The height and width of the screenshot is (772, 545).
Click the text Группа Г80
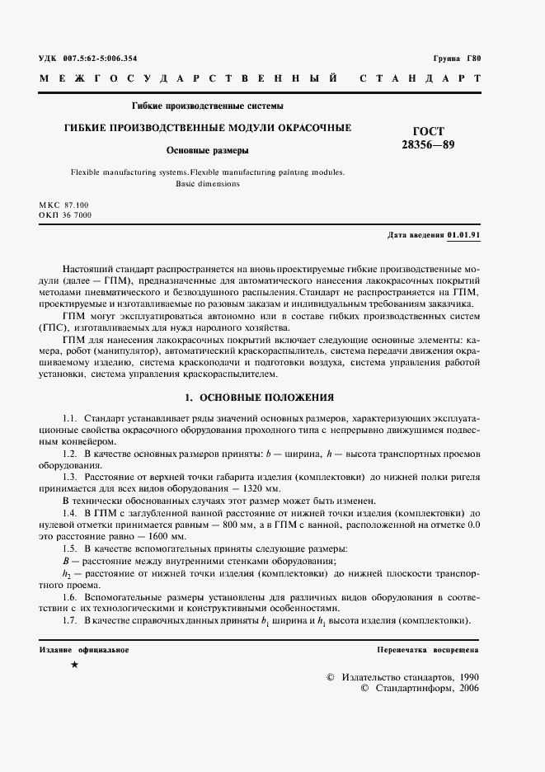coord(456,59)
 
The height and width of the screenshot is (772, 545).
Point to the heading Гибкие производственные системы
coord(208,106)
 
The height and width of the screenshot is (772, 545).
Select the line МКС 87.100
coord(64,204)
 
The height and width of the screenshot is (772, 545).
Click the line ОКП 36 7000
coord(65,214)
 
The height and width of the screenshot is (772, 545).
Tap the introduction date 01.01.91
coord(464,235)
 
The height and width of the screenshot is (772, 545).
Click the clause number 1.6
coord(70,595)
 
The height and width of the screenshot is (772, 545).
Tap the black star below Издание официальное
coord(75,664)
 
